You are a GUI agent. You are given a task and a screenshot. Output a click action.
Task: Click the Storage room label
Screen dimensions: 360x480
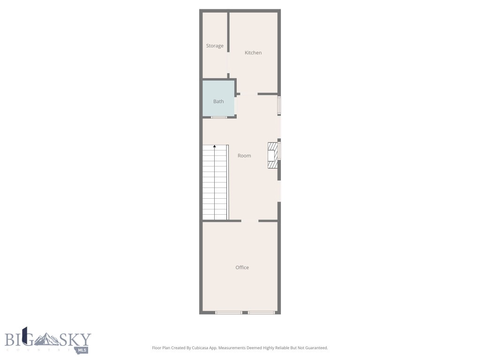point(215,46)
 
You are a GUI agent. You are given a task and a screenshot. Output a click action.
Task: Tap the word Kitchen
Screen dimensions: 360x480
point(253,53)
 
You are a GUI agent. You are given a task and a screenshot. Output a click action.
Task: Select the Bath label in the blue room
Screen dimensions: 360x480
point(218,101)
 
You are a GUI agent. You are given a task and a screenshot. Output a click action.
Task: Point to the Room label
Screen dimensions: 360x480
point(244,156)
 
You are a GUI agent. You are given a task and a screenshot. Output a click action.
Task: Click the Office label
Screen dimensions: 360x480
point(242,268)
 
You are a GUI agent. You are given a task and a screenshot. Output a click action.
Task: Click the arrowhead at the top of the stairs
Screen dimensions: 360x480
point(215,147)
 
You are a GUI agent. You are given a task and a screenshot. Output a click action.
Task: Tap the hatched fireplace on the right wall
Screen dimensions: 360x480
point(272,155)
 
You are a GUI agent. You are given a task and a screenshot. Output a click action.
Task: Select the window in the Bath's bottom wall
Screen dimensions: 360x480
point(218,117)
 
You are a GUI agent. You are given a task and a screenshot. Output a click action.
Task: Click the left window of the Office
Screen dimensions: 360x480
point(229,312)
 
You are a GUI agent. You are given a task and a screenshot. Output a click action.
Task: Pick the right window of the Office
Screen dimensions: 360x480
point(262,312)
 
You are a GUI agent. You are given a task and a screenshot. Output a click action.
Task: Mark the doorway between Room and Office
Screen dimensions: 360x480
point(250,221)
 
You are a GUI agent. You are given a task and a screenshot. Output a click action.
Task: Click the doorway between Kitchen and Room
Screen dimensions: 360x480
point(249,94)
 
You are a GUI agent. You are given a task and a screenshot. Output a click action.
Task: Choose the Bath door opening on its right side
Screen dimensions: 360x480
point(235,105)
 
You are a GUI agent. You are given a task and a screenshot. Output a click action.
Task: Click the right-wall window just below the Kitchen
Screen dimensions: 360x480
point(279,105)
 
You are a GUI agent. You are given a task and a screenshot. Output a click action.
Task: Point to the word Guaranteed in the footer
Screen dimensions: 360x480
point(316,348)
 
